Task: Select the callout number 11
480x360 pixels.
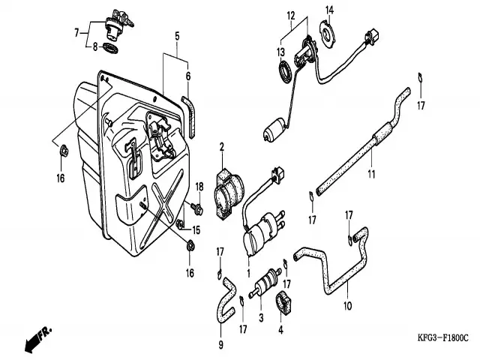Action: point(370,175)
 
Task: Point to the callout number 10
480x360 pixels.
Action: point(346,306)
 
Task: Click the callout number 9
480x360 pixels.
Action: point(221,344)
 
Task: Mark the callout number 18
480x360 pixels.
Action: point(199,185)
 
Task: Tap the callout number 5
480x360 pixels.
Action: point(177,35)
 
